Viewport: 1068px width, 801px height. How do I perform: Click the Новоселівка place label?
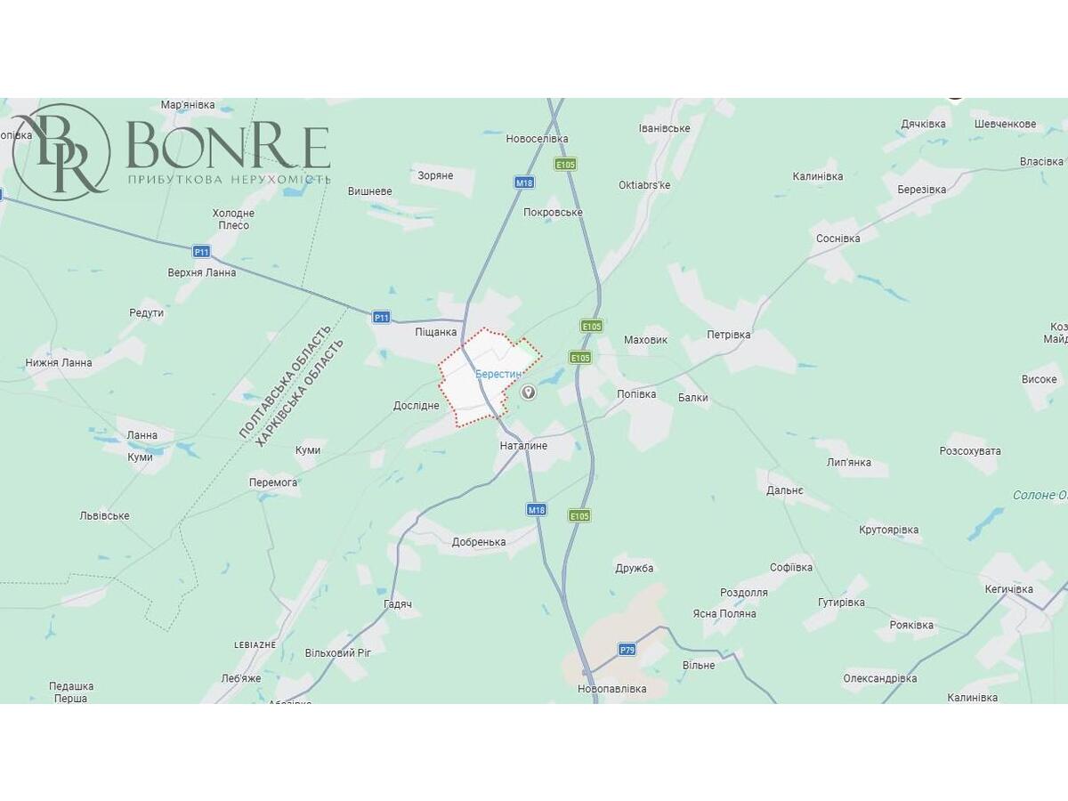coord(537,139)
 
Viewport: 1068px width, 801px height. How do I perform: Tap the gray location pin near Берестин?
coord(529,392)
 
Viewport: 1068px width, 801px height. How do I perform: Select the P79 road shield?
coord(627,650)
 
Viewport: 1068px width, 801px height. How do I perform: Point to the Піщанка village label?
coord(435,332)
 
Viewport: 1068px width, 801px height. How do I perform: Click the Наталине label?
coord(523,445)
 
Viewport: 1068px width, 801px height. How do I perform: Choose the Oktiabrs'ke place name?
coord(644,185)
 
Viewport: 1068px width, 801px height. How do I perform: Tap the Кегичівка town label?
coord(1009,589)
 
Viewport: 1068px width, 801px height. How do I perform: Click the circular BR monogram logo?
coord(61,152)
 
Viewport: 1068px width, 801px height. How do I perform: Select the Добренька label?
coord(479,542)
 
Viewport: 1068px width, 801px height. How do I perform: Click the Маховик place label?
coord(645,340)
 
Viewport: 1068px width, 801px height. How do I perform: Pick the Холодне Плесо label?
coord(233,219)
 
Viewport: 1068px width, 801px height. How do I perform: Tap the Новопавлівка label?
coord(611,689)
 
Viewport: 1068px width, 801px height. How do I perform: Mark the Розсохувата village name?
coord(970,451)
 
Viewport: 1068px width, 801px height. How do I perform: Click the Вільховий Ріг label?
coord(338,652)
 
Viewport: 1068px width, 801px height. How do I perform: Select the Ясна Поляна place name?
coord(724,613)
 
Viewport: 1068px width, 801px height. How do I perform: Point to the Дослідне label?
coord(417,406)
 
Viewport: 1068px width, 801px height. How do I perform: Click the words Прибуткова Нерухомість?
coord(230,180)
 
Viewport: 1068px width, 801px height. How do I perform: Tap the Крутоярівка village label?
coord(889,530)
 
